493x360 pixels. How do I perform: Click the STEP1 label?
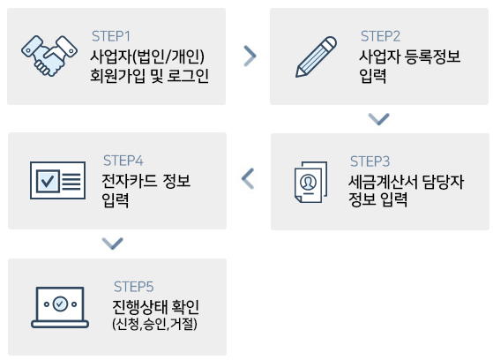pyautogui.click(x=110, y=36)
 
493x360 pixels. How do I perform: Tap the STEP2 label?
pyautogui.click(x=380, y=36)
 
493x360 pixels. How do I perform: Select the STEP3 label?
pyautogui.click(x=370, y=161)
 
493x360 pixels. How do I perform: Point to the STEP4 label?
pyautogui.click(x=123, y=161)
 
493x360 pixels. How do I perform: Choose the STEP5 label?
pyautogui.click(x=134, y=287)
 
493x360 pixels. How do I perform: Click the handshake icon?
pyautogui.click(x=49, y=56)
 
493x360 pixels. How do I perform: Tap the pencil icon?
pyautogui.click(x=316, y=56)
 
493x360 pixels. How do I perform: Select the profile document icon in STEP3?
pyautogui.click(x=310, y=182)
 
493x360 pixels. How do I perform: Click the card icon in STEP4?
pyautogui.click(x=58, y=180)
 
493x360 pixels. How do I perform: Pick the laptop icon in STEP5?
pyautogui.click(x=60, y=307)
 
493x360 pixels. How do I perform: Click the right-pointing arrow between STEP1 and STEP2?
pyautogui.click(x=250, y=56)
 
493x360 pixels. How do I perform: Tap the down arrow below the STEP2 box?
pyautogui.click(x=379, y=119)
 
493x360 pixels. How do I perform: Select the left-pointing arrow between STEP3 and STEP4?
pyautogui.click(x=248, y=178)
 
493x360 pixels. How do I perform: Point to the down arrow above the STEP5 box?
pyautogui.click(x=113, y=244)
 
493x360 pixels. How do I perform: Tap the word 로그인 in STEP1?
pyautogui.click(x=188, y=76)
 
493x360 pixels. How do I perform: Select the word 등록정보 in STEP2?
pyautogui.click(x=433, y=56)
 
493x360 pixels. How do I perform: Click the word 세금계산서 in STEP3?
pyautogui.click(x=383, y=182)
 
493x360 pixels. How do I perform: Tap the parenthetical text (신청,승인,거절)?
pyautogui.click(x=154, y=324)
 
